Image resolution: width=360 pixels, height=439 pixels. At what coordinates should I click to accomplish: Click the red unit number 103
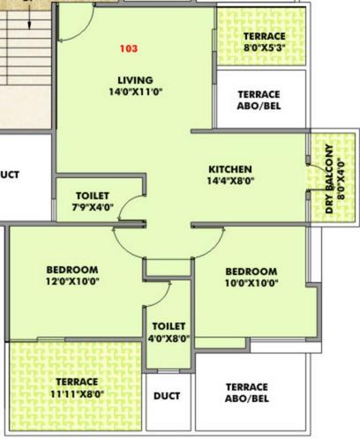pyautogui.click(x=129, y=48)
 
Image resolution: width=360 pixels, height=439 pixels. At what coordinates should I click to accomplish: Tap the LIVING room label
pyautogui.click(x=135, y=80)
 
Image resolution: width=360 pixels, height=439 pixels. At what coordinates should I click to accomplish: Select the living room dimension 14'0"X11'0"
pyautogui.click(x=136, y=92)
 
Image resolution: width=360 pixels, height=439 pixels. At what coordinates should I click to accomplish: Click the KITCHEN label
pyautogui.click(x=230, y=169)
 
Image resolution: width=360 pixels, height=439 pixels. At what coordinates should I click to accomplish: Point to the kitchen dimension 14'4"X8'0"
pyautogui.click(x=230, y=181)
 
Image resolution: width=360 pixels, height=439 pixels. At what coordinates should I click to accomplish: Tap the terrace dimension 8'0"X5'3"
pyautogui.click(x=265, y=48)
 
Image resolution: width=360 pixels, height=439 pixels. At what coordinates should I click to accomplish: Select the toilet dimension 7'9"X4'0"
pyautogui.click(x=93, y=207)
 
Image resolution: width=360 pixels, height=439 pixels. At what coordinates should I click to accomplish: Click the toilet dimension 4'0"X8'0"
pyautogui.click(x=169, y=339)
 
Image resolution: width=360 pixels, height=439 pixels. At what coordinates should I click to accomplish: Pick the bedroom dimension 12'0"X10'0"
pyautogui.click(x=72, y=281)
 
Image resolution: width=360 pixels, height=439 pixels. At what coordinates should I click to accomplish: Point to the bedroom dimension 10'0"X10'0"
pyautogui.click(x=251, y=283)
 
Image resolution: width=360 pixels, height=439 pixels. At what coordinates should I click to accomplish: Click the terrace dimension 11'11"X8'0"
pyautogui.click(x=77, y=393)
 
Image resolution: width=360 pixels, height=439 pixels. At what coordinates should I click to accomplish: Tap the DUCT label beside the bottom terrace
pyautogui.click(x=167, y=396)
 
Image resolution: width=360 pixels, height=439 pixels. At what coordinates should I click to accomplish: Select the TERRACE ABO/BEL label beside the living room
pyautogui.click(x=259, y=100)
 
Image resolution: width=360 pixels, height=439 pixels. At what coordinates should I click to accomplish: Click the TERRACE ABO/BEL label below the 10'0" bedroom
pyautogui.click(x=247, y=392)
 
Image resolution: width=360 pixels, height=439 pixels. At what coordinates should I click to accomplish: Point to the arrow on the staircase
pyautogui.click(x=29, y=18)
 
